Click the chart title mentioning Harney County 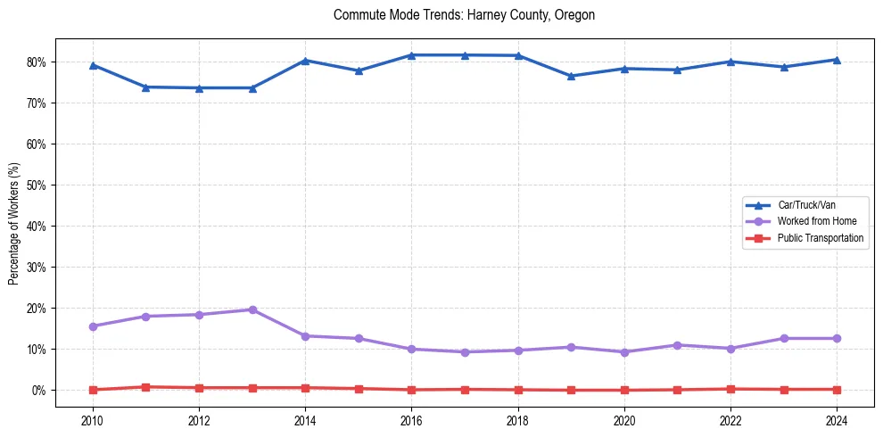pos(464,15)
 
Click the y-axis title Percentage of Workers pos(14,223)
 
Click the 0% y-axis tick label pos(42,390)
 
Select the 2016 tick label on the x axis pos(411,420)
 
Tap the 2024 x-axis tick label pos(837,420)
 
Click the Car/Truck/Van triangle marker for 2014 pos(305,61)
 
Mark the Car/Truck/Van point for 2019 pos(571,76)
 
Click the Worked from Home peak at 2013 pos(252,309)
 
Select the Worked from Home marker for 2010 pos(93,326)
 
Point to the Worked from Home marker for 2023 pos(784,338)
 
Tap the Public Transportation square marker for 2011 pos(145,387)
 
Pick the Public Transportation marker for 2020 pos(624,390)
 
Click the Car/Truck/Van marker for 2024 pos(837,60)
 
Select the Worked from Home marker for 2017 pos(465,352)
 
